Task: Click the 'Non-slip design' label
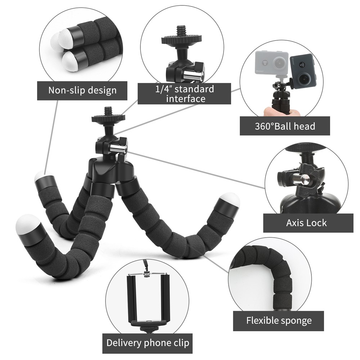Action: tap(82, 90)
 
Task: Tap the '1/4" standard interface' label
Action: tap(185, 94)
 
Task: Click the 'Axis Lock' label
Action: tap(306, 222)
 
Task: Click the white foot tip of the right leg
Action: tap(230, 199)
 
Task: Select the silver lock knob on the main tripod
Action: tap(118, 148)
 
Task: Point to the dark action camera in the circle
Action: tap(302, 71)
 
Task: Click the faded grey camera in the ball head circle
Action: tap(272, 63)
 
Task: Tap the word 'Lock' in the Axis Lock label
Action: tap(317, 222)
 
